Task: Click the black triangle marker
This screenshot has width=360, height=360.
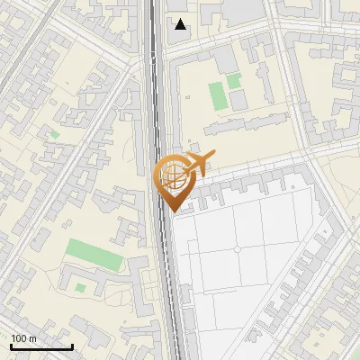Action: click(181, 24)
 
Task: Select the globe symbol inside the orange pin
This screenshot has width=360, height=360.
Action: click(171, 175)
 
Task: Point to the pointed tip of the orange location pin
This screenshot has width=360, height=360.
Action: click(172, 211)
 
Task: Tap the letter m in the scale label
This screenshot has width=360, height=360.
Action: click(33, 337)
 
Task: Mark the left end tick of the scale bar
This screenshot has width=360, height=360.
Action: click(12, 346)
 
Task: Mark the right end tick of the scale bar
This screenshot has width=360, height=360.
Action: click(72, 346)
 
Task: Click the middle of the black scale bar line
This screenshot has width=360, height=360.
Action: click(41, 347)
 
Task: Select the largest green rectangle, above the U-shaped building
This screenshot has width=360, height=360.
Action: click(94, 254)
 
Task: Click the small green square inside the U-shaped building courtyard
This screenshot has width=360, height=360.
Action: click(81, 288)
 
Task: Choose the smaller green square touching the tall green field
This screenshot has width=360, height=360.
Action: click(234, 81)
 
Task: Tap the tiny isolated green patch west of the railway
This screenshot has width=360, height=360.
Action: click(54, 135)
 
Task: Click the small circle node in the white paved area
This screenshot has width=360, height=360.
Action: click(237, 249)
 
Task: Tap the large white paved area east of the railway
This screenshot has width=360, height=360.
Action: click(243, 270)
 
